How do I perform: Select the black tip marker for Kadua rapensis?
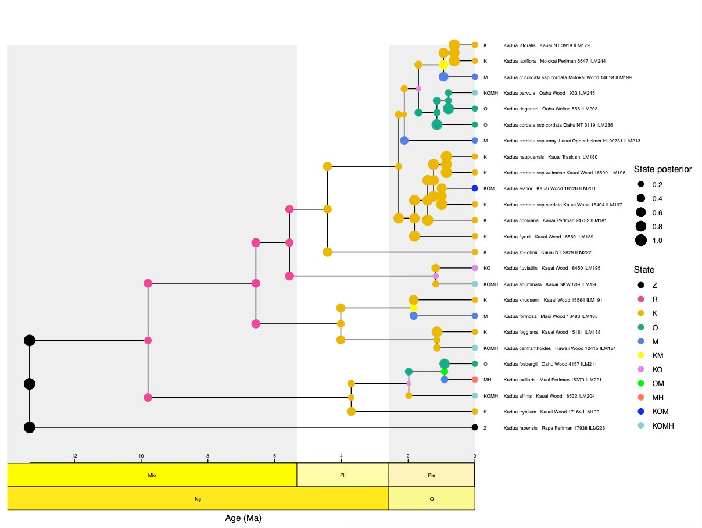point(475,427)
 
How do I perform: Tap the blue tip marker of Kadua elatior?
point(475,188)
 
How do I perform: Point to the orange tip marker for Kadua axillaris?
point(475,380)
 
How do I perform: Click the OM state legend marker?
point(640,384)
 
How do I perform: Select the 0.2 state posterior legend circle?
point(640,185)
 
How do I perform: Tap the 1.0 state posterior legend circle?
point(640,241)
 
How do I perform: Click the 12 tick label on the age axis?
point(74,456)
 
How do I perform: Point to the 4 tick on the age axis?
point(341,456)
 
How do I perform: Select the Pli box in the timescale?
point(343,475)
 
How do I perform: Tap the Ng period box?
point(198,498)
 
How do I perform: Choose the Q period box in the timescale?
point(432,498)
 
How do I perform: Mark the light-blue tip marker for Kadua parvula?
point(475,93)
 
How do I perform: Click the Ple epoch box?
point(432,475)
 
